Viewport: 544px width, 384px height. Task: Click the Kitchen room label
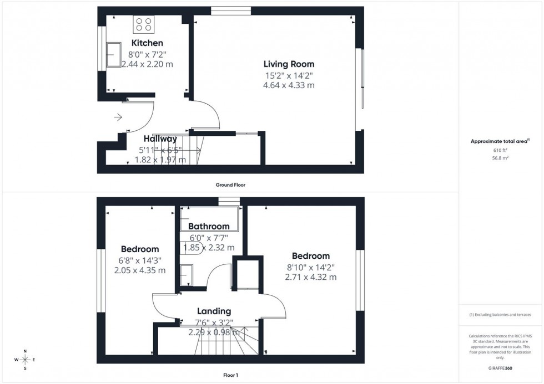click(147, 43)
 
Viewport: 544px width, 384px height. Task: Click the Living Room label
click(289, 64)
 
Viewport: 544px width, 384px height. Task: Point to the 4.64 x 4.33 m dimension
click(289, 85)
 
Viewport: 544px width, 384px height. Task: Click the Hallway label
click(160, 139)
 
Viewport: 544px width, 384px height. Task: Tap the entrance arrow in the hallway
click(118, 117)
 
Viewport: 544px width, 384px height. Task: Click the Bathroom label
click(209, 226)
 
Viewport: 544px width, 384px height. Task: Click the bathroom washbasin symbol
click(187, 274)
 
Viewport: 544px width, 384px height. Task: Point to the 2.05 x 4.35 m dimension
click(140, 270)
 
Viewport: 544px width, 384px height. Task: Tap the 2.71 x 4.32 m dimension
click(311, 277)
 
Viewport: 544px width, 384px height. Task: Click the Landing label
click(214, 311)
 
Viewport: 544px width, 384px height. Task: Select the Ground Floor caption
click(231, 185)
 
